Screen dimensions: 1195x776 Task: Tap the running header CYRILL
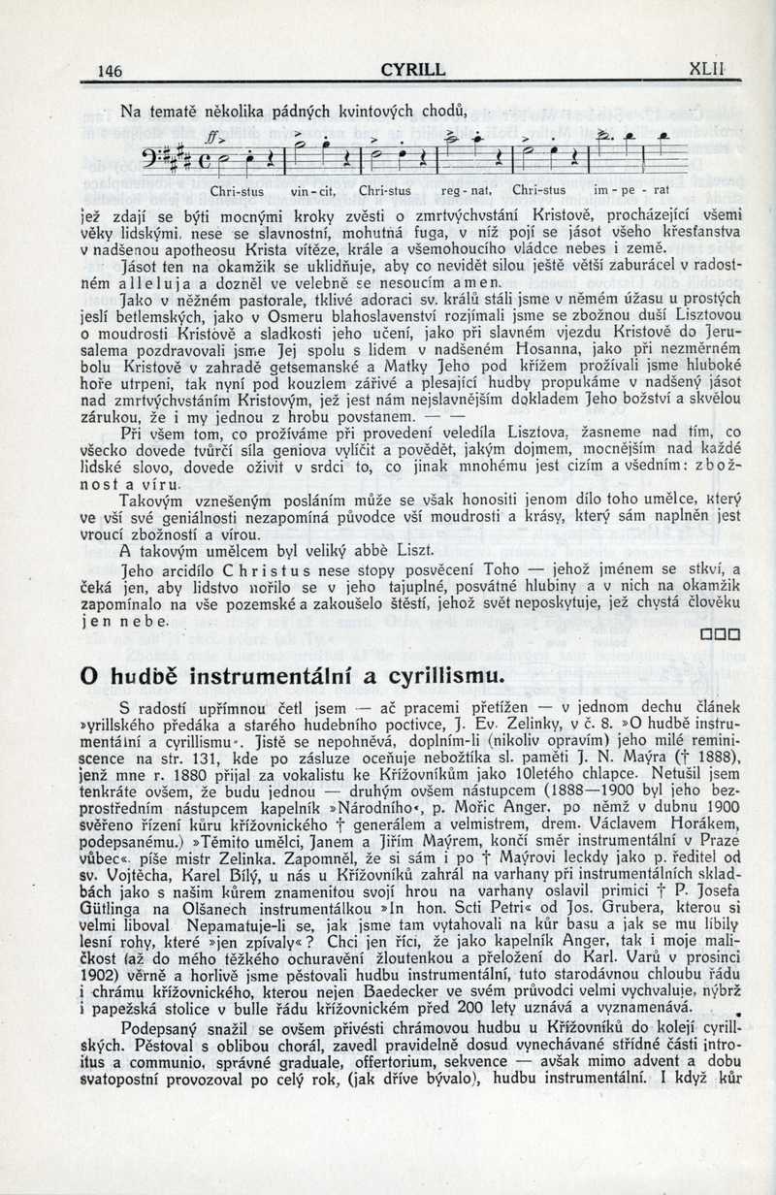[x=413, y=69]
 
